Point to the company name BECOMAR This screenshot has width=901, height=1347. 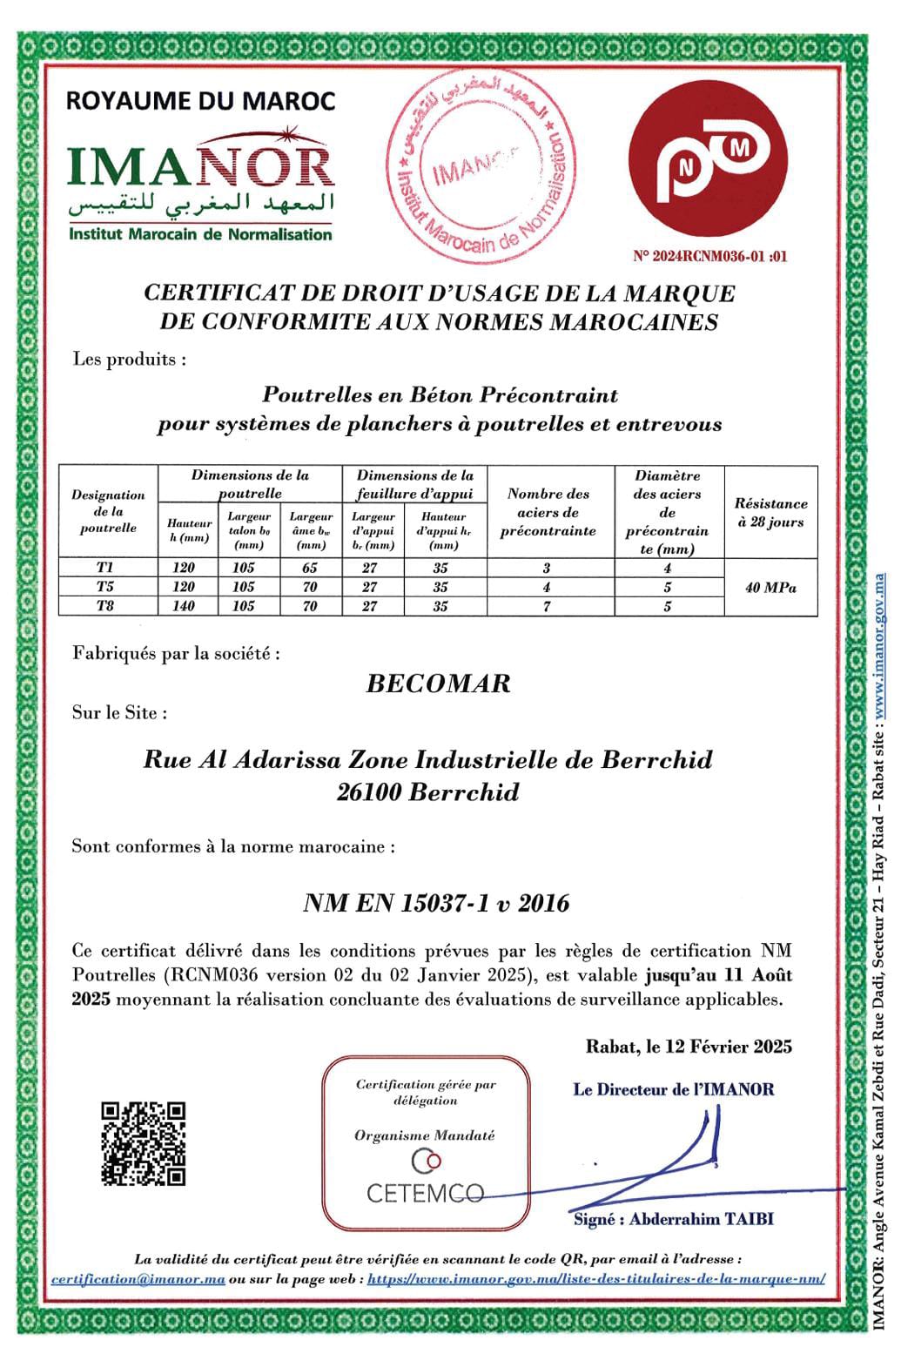(438, 683)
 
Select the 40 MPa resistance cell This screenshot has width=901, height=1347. (770, 588)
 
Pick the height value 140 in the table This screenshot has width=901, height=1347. (185, 606)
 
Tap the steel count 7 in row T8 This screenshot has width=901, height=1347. (547, 606)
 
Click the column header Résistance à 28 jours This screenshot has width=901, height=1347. (770, 513)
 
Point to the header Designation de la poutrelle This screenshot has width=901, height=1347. (108, 511)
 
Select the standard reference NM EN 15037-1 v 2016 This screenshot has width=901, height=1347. (436, 903)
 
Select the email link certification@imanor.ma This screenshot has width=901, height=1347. (138, 1279)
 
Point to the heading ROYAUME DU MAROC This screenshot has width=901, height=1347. (201, 101)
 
